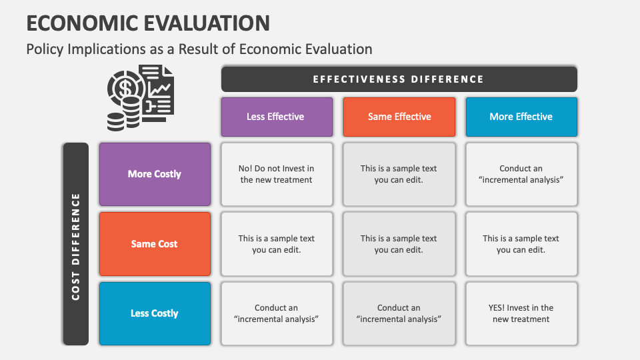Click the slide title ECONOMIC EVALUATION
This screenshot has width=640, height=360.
tap(148, 22)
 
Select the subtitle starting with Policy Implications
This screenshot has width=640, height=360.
tap(199, 49)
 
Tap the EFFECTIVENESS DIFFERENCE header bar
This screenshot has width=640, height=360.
tap(399, 79)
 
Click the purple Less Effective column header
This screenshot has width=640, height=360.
tap(276, 117)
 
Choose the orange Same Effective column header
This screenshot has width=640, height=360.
tap(399, 117)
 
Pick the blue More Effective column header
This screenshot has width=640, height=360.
tap(521, 117)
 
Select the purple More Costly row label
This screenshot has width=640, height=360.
tap(155, 174)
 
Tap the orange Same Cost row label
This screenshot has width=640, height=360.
tap(155, 244)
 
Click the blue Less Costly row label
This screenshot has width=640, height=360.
tap(155, 313)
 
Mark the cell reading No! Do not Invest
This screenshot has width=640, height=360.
tap(276, 174)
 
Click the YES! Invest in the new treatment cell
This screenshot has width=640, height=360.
tap(521, 313)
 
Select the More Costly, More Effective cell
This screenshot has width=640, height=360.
tap(521, 174)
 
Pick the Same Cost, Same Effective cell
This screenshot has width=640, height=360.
tap(399, 244)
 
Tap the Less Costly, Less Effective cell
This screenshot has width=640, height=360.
tap(276, 313)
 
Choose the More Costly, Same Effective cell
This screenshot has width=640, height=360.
tap(399, 174)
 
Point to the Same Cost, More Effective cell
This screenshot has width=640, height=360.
tap(521, 244)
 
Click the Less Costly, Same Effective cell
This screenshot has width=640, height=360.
tap(399, 313)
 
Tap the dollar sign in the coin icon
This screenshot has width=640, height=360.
tap(123, 87)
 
